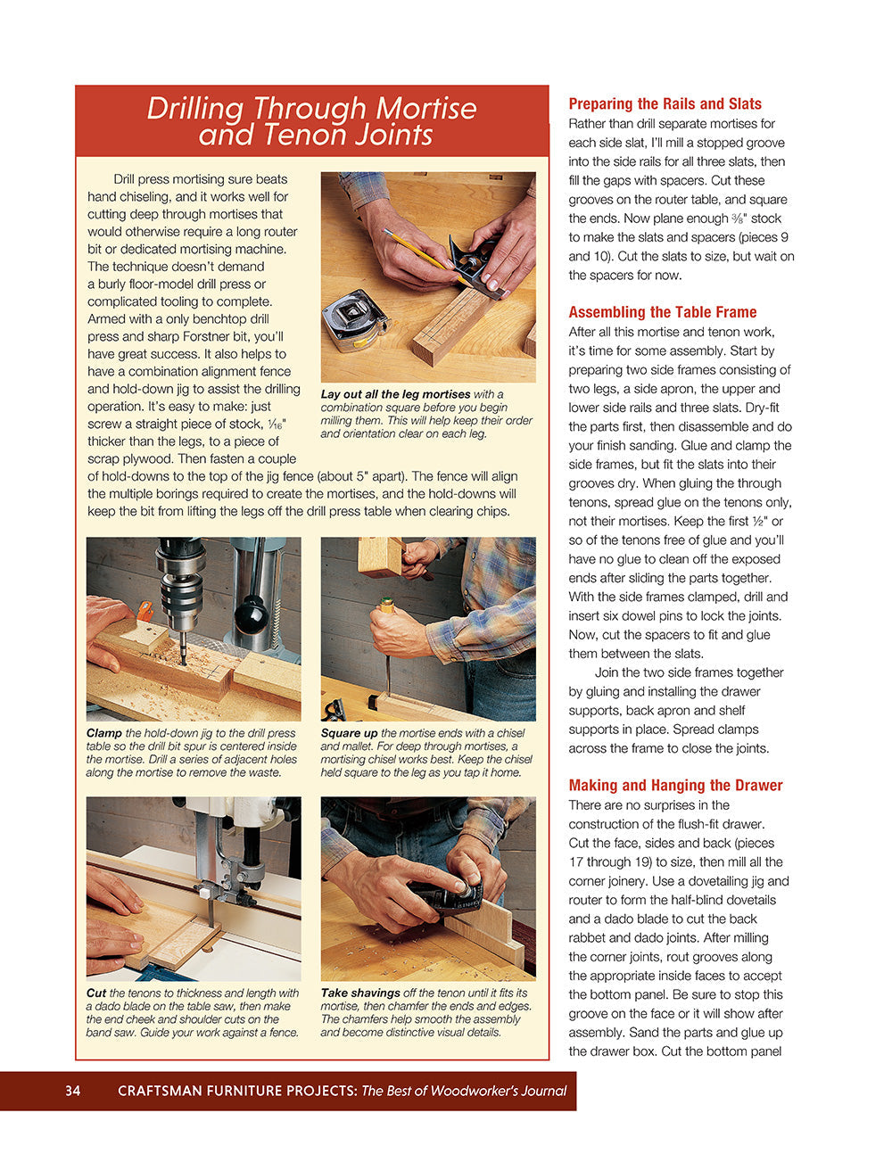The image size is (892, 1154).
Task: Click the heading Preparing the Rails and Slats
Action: coord(665,104)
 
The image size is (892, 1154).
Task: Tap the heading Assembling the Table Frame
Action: coord(662,312)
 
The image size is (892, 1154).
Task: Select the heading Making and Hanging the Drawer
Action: coord(675,786)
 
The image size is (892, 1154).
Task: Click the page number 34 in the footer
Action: coord(72,1091)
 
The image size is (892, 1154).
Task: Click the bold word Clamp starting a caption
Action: coord(104,734)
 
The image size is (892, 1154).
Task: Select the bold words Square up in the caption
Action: coord(349,734)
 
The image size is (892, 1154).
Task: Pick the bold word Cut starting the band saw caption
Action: coord(96,993)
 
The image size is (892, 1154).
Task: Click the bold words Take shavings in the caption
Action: coord(360,993)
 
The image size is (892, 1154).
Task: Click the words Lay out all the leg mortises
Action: coord(395,394)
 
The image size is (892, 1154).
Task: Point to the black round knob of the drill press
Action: coord(252,614)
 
